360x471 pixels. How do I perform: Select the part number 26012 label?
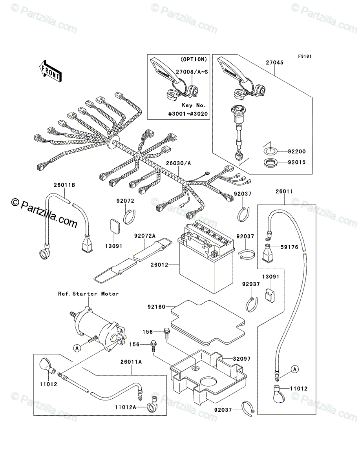pyautogui.click(x=159, y=265)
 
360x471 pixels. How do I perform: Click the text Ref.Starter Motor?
pyautogui.click(x=88, y=294)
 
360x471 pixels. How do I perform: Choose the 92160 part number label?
pyautogui.click(x=156, y=306)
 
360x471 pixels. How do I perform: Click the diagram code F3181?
pyautogui.click(x=304, y=57)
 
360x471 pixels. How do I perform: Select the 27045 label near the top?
pyautogui.click(x=275, y=62)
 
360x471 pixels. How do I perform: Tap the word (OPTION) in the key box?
pyautogui.click(x=194, y=59)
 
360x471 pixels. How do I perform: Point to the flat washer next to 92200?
pyautogui.click(x=270, y=151)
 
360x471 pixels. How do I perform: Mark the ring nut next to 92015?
pyautogui.click(x=270, y=162)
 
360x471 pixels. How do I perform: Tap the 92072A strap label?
pyautogui.click(x=145, y=236)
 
